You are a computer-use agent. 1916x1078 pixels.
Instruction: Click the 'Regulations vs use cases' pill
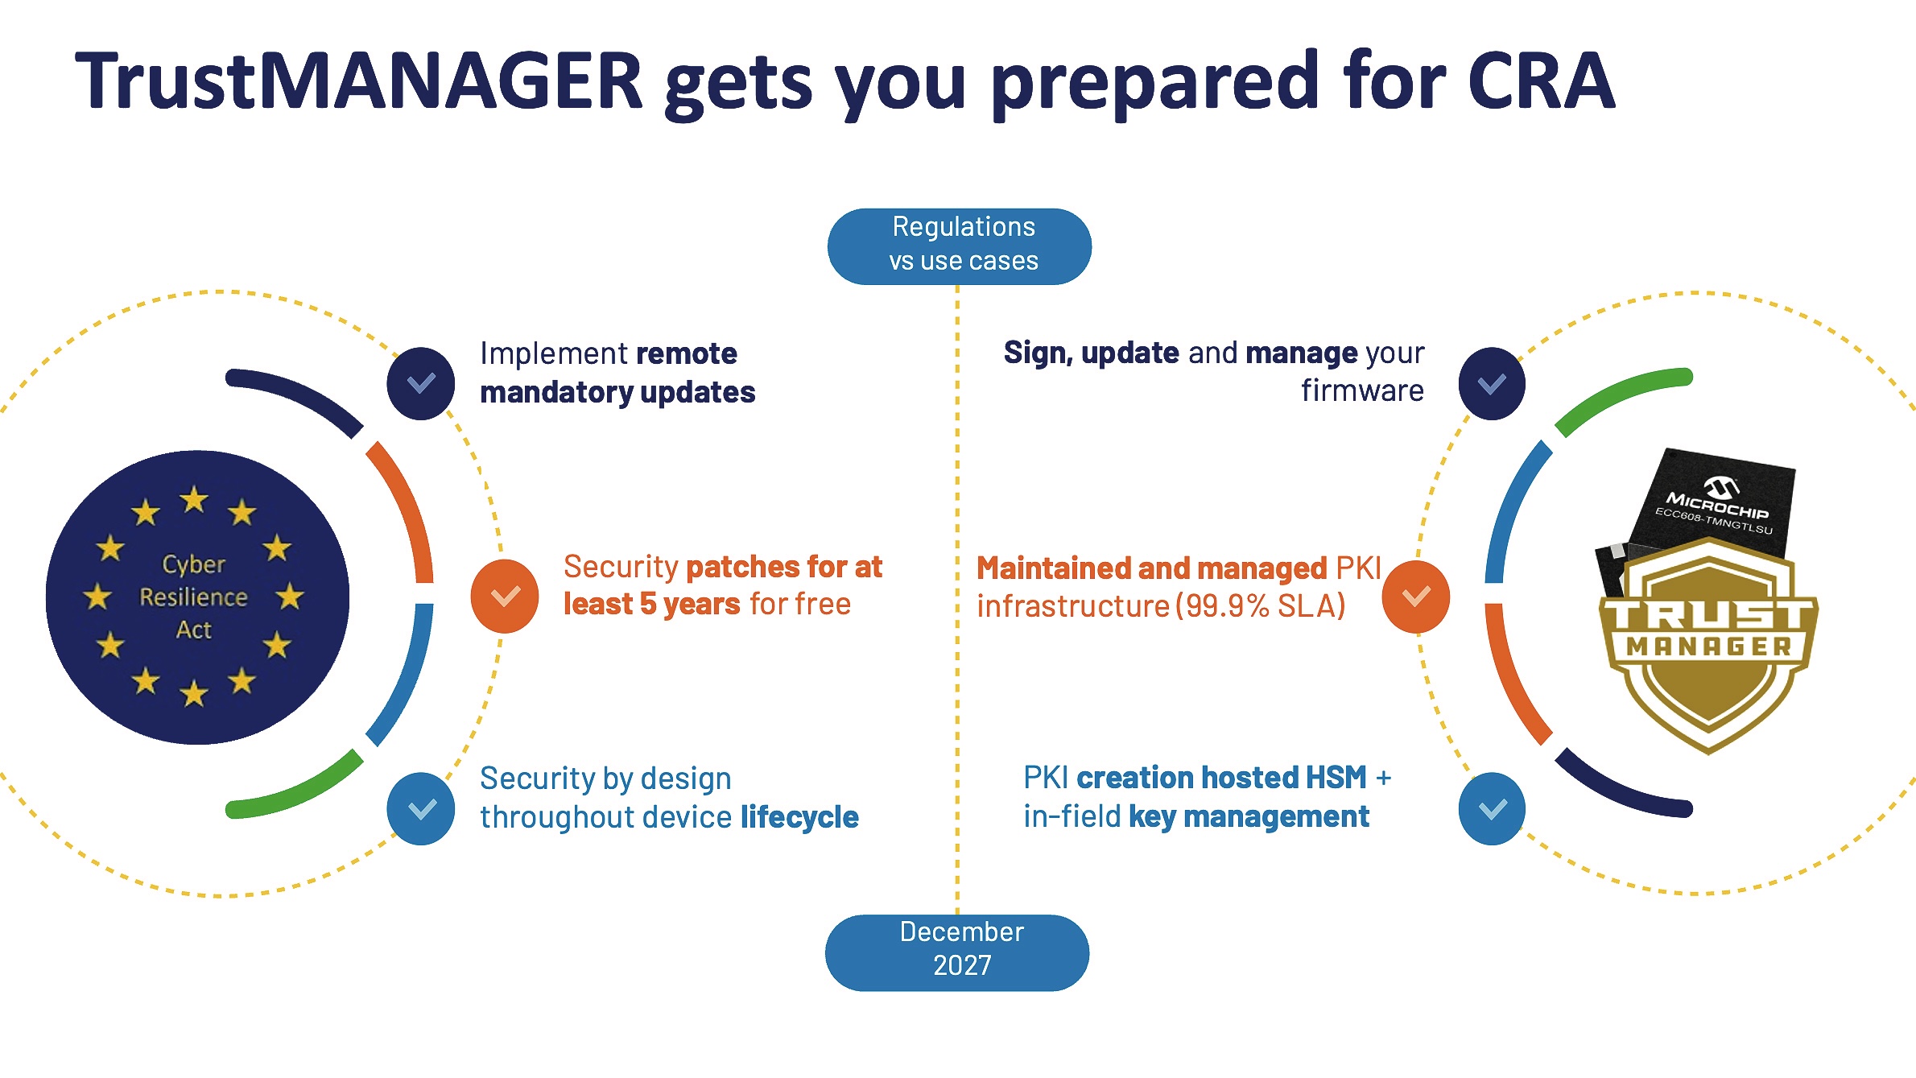(x=959, y=246)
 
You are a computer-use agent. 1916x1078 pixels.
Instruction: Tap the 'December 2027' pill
(x=957, y=952)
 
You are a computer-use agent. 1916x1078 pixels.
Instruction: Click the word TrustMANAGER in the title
(x=358, y=81)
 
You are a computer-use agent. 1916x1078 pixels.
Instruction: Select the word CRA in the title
(x=1541, y=81)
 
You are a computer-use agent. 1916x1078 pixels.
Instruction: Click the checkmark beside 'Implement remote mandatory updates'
(x=421, y=383)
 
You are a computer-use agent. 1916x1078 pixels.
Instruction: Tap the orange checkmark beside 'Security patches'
(x=505, y=597)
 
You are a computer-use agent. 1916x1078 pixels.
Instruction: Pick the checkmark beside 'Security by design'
(x=421, y=808)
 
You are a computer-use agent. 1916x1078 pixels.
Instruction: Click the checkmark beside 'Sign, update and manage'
(x=1492, y=383)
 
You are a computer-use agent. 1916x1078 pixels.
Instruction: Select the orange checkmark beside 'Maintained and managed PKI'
(x=1416, y=597)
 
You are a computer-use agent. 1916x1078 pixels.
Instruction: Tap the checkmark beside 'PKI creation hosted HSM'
(x=1492, y=808)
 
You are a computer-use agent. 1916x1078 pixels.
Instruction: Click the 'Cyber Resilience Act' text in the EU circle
(x=194, y=597)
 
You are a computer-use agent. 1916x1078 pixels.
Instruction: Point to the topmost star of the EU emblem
(x=194, y=500)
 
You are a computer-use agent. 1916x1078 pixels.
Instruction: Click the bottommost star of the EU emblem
(x=194, y=693)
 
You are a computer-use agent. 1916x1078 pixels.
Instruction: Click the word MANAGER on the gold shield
(x=1708, y=646)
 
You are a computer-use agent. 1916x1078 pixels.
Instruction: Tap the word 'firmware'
(x=1362, y=391)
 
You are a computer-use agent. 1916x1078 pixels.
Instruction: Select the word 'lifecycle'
(x=799, y=817)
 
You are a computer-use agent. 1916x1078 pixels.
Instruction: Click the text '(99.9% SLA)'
(x=1261, y=606)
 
